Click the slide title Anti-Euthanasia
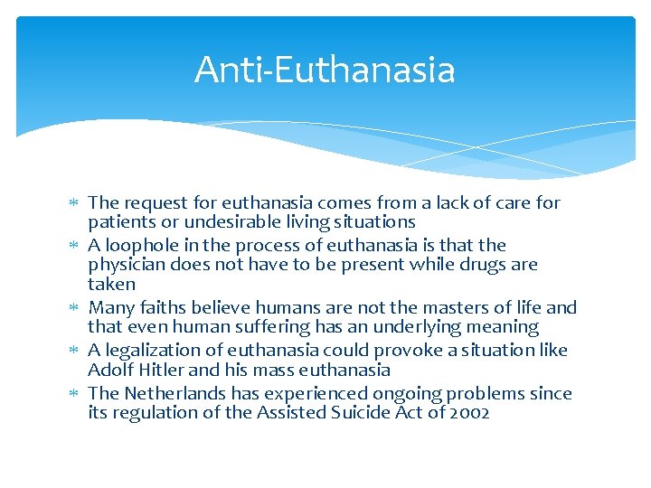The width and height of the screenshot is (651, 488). pyautogui.click(x=325, y=70)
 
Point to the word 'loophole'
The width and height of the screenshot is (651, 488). pyautogui.click(x=140, y=246)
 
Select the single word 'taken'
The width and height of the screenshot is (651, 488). pyautogui.click(x=111, y=284)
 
